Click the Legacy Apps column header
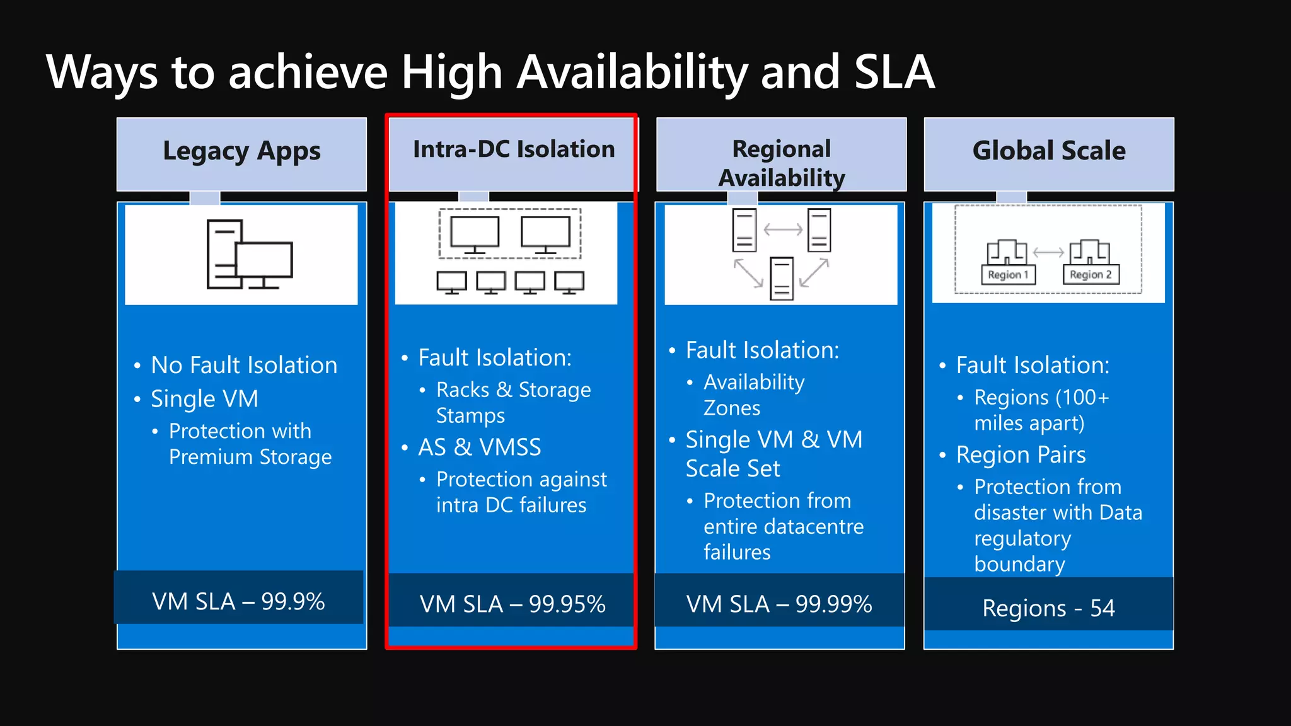click(241, 152)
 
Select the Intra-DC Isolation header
click(514, 150)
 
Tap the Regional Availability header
click(781, 163)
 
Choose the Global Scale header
click(1048, 151)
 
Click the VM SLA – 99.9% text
click(238, 601)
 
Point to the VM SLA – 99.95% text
click(512, 604)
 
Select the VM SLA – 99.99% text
click(779, 604)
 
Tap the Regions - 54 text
click(1048, 608)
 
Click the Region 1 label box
click(1008, 275)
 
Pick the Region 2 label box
click(1091, 275)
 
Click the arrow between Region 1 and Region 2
click(1048, 252)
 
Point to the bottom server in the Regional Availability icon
click(782, 279)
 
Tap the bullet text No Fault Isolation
click(244, 366)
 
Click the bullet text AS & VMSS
click(480, 447)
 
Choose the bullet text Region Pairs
click(1021, 455)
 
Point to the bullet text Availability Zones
click(754, 395)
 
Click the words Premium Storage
click(250, 457)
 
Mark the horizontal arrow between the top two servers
click(783, 230)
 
